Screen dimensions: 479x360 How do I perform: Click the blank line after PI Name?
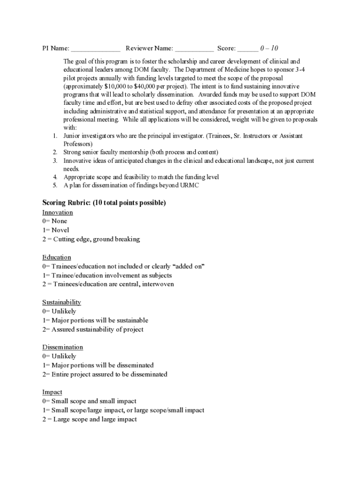coord(96,49)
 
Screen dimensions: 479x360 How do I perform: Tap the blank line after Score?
coord(247,49)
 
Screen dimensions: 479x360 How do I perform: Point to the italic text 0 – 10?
coord(269,48)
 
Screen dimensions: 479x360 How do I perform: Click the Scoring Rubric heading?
coord(104,203)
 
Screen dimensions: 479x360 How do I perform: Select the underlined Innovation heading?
coord(58,212)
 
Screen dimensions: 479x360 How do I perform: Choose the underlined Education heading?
coord(57,257)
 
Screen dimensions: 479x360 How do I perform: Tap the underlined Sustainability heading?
coord(62,302)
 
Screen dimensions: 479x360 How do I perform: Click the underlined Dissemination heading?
coord(63,347)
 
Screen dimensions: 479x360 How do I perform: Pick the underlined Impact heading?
coord(52,392)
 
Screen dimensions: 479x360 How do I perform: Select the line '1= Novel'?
coord(56,230)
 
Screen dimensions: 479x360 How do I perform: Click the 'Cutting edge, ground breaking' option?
coord(96,239)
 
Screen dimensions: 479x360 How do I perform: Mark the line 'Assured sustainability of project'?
coord(97,329)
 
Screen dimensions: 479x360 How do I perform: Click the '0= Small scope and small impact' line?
coord(89,401)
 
